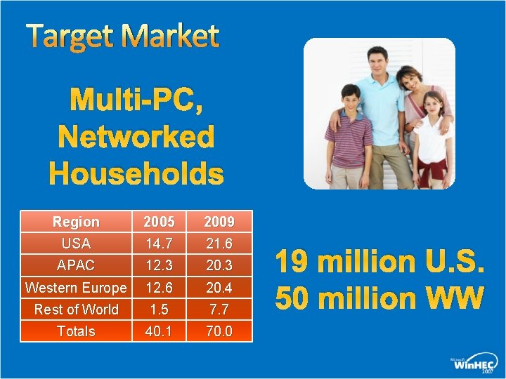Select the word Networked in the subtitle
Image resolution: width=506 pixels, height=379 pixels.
(136, 137)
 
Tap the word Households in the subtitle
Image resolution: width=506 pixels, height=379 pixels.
(136, 173)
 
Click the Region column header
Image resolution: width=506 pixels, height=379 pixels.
(76, 222)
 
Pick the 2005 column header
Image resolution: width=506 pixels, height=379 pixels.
(159, 222)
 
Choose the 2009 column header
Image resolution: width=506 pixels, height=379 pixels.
(219, 222)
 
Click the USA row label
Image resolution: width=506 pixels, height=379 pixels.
(76, 244)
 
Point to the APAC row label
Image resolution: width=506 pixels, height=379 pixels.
(76, 265)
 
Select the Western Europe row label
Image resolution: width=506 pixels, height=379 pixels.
(76, 288)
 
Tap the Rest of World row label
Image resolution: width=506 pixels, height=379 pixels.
(76, 310)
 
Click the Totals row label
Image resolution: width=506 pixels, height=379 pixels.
(76, 331)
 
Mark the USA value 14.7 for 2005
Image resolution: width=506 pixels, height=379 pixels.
(159, 244)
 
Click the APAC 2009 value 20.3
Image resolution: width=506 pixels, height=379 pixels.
(219, 265)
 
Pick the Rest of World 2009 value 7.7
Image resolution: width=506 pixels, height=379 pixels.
(219, 310)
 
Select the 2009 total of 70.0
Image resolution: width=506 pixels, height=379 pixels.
(219, 331)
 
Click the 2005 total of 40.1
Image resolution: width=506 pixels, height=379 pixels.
(159, 331)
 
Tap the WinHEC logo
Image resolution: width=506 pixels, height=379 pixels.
(474, 363)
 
